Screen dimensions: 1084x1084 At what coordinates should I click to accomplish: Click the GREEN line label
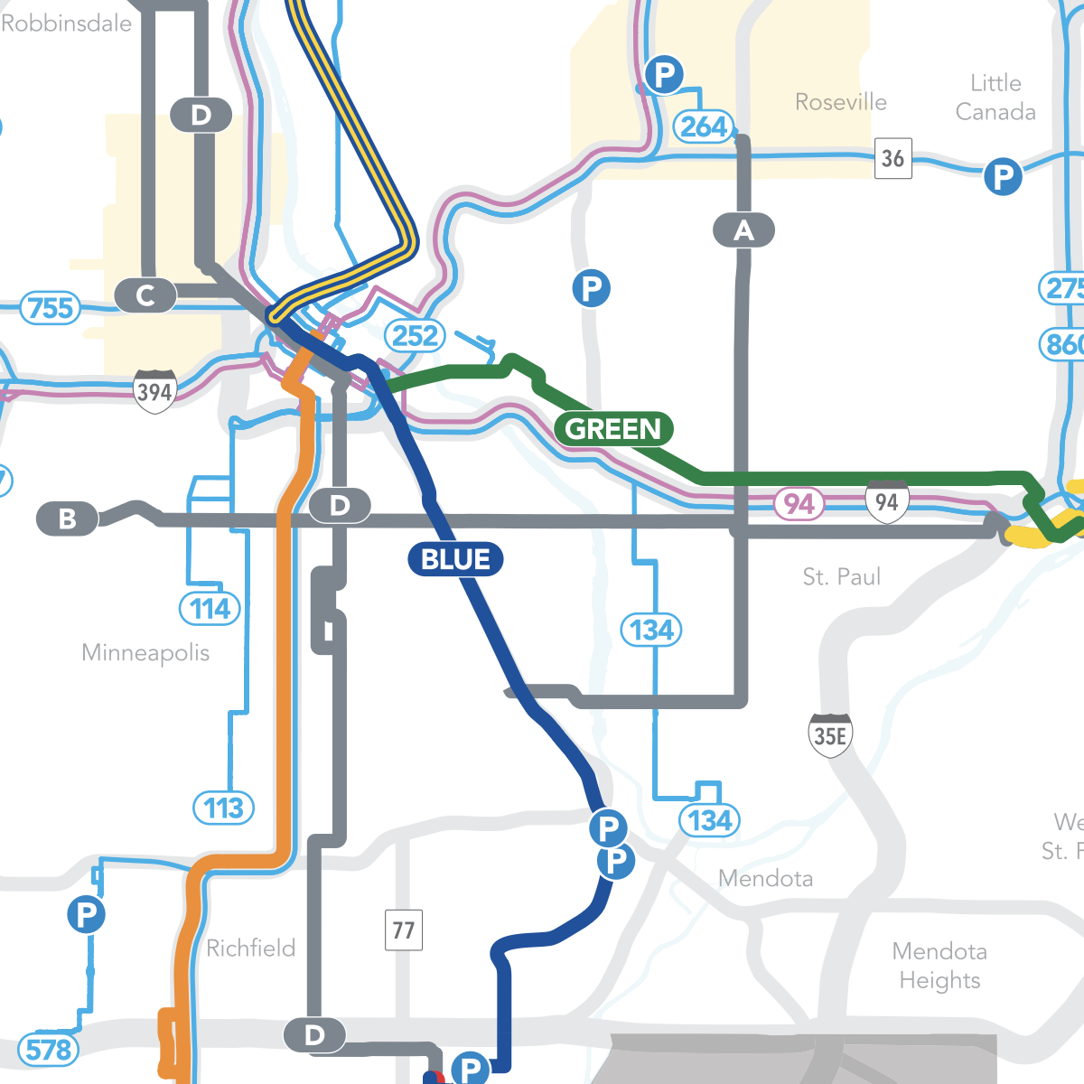coord(613,428)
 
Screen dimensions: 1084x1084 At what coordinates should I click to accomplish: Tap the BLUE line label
coord(455,559)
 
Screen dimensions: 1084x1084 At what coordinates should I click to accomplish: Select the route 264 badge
coord(704,126)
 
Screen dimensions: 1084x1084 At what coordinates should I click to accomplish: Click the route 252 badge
coord(415,336)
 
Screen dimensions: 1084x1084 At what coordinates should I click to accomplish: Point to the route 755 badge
coord(51,308)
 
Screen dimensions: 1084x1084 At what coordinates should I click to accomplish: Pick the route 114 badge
coord(210,609)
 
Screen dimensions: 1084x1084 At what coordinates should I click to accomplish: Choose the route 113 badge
coord(223,808)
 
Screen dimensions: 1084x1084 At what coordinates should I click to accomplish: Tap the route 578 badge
coord(48,1050)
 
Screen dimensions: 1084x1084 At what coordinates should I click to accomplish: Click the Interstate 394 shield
coord(154,391)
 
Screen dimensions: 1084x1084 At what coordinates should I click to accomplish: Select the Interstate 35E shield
coord(830,735)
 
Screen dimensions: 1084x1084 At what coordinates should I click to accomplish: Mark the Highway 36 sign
coord(892,159)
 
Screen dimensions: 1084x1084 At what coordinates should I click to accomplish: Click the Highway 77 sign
coord(404,930)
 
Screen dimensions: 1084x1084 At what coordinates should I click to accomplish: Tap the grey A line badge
coord(743,230)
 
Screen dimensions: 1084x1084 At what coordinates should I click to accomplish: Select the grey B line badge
coord(68,519)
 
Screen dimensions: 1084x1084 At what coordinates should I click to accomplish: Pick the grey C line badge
coord(145,295)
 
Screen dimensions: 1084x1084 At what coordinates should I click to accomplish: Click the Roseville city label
coord(840,102)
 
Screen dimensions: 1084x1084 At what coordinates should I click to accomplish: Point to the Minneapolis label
coord(145,652)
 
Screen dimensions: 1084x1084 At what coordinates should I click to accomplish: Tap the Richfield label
coord(250,948)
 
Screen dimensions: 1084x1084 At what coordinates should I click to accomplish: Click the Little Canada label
coord(995,98)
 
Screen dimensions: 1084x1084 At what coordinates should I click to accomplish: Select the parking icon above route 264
coord(664,74)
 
